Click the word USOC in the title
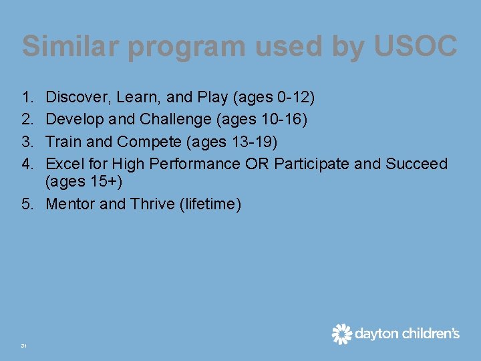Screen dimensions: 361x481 [x=416, y=46]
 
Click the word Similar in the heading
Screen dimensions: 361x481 [x=71, y=46]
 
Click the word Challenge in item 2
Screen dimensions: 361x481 [x=176, y=120]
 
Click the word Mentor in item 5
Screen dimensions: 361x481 [x=70, y=204]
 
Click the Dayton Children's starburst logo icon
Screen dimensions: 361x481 [x=342, y=334]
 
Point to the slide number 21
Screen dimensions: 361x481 [x=23, y=346]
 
